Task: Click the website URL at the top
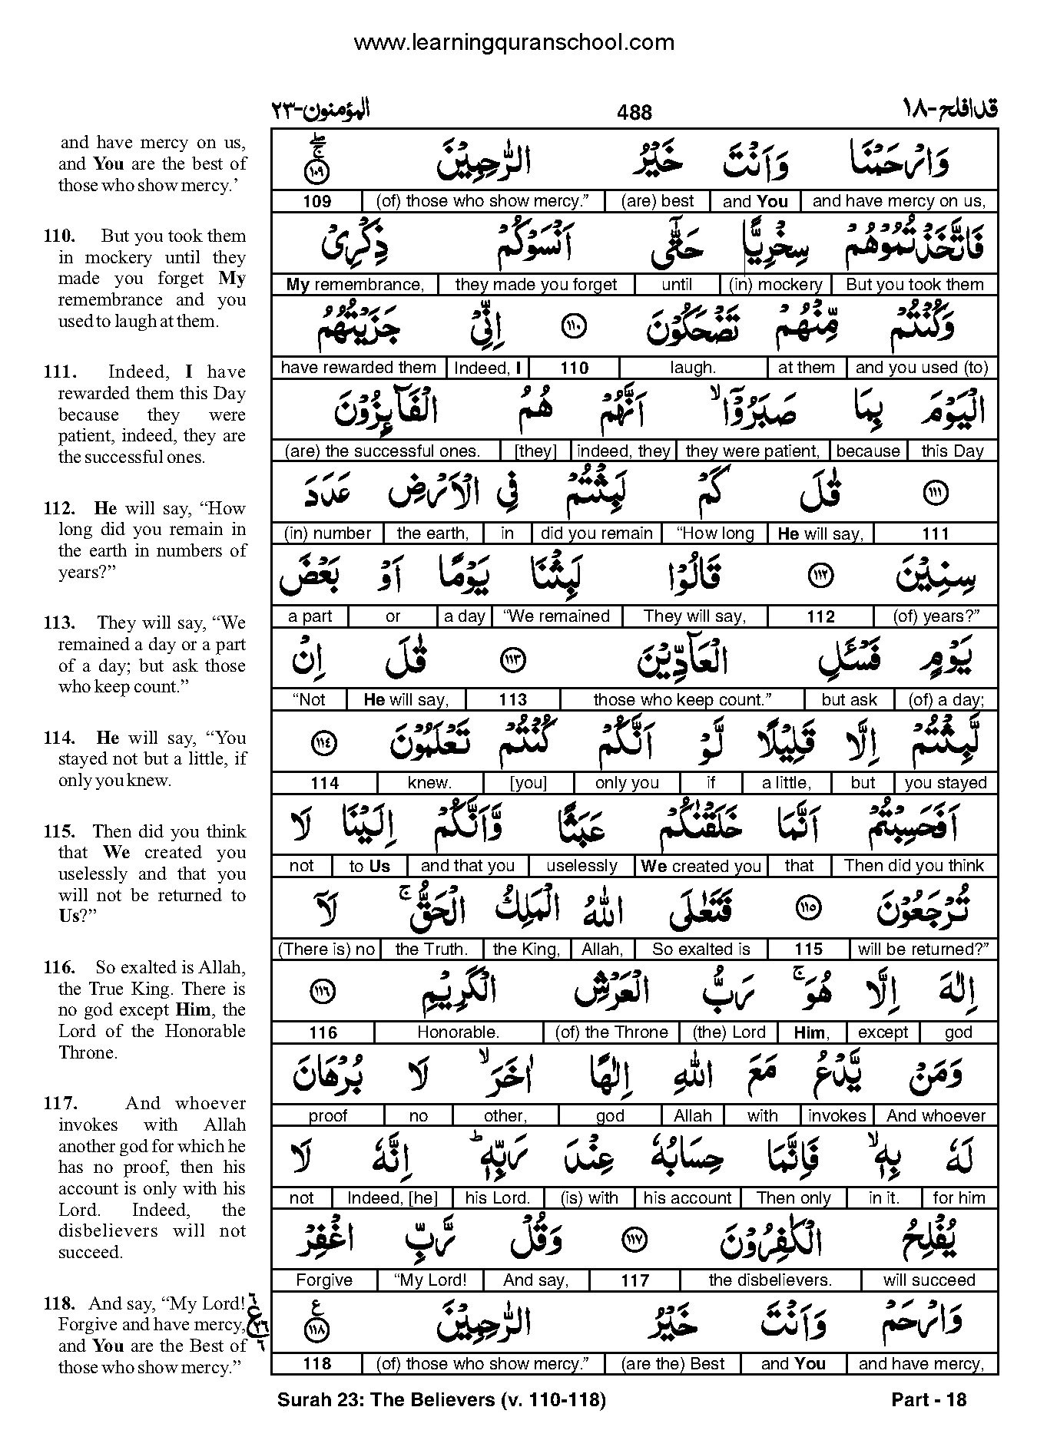[514, 43]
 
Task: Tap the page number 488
[634, 113]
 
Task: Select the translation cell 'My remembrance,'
[355, 285]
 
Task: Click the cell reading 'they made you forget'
[536, 285]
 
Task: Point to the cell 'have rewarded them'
[358, 368]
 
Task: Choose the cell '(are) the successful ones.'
[382, 451]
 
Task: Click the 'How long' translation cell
[715, 533]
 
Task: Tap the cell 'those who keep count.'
[682, 699]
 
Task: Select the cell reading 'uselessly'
[581, 866]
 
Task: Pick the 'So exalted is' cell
[701, 950]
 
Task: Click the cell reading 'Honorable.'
[458, 1032]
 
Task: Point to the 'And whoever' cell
[936, 1115]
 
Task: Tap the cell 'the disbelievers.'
[770, 1280]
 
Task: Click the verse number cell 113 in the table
[512, 699]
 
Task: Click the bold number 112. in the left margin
[59, 508]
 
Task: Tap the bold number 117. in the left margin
[59, 1104]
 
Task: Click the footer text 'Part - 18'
[929, 1400]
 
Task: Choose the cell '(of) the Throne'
[611, 1032]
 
